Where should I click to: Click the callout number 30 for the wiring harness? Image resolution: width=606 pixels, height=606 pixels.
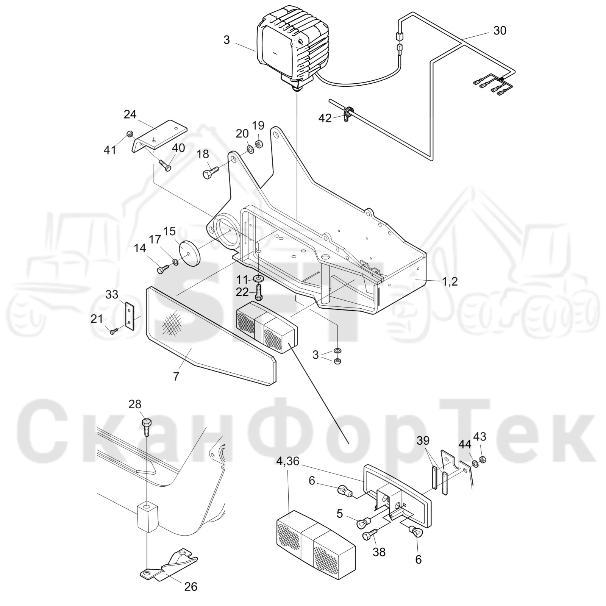tap(500, 30)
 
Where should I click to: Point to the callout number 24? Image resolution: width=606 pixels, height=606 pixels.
tap(130, 114)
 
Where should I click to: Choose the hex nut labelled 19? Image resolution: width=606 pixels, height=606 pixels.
tap(259, 144)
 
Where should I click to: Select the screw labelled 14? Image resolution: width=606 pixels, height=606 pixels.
tap(162, 269)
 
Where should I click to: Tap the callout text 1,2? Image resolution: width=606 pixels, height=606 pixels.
tap(450, 281)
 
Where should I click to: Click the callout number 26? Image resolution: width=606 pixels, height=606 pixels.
tap(191, 586)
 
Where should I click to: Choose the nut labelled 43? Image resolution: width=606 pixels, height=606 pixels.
tap(483, 460)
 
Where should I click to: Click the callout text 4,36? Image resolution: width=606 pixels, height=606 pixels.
tap(288, 461)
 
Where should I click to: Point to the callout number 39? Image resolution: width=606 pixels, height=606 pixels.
tap(423, 440)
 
